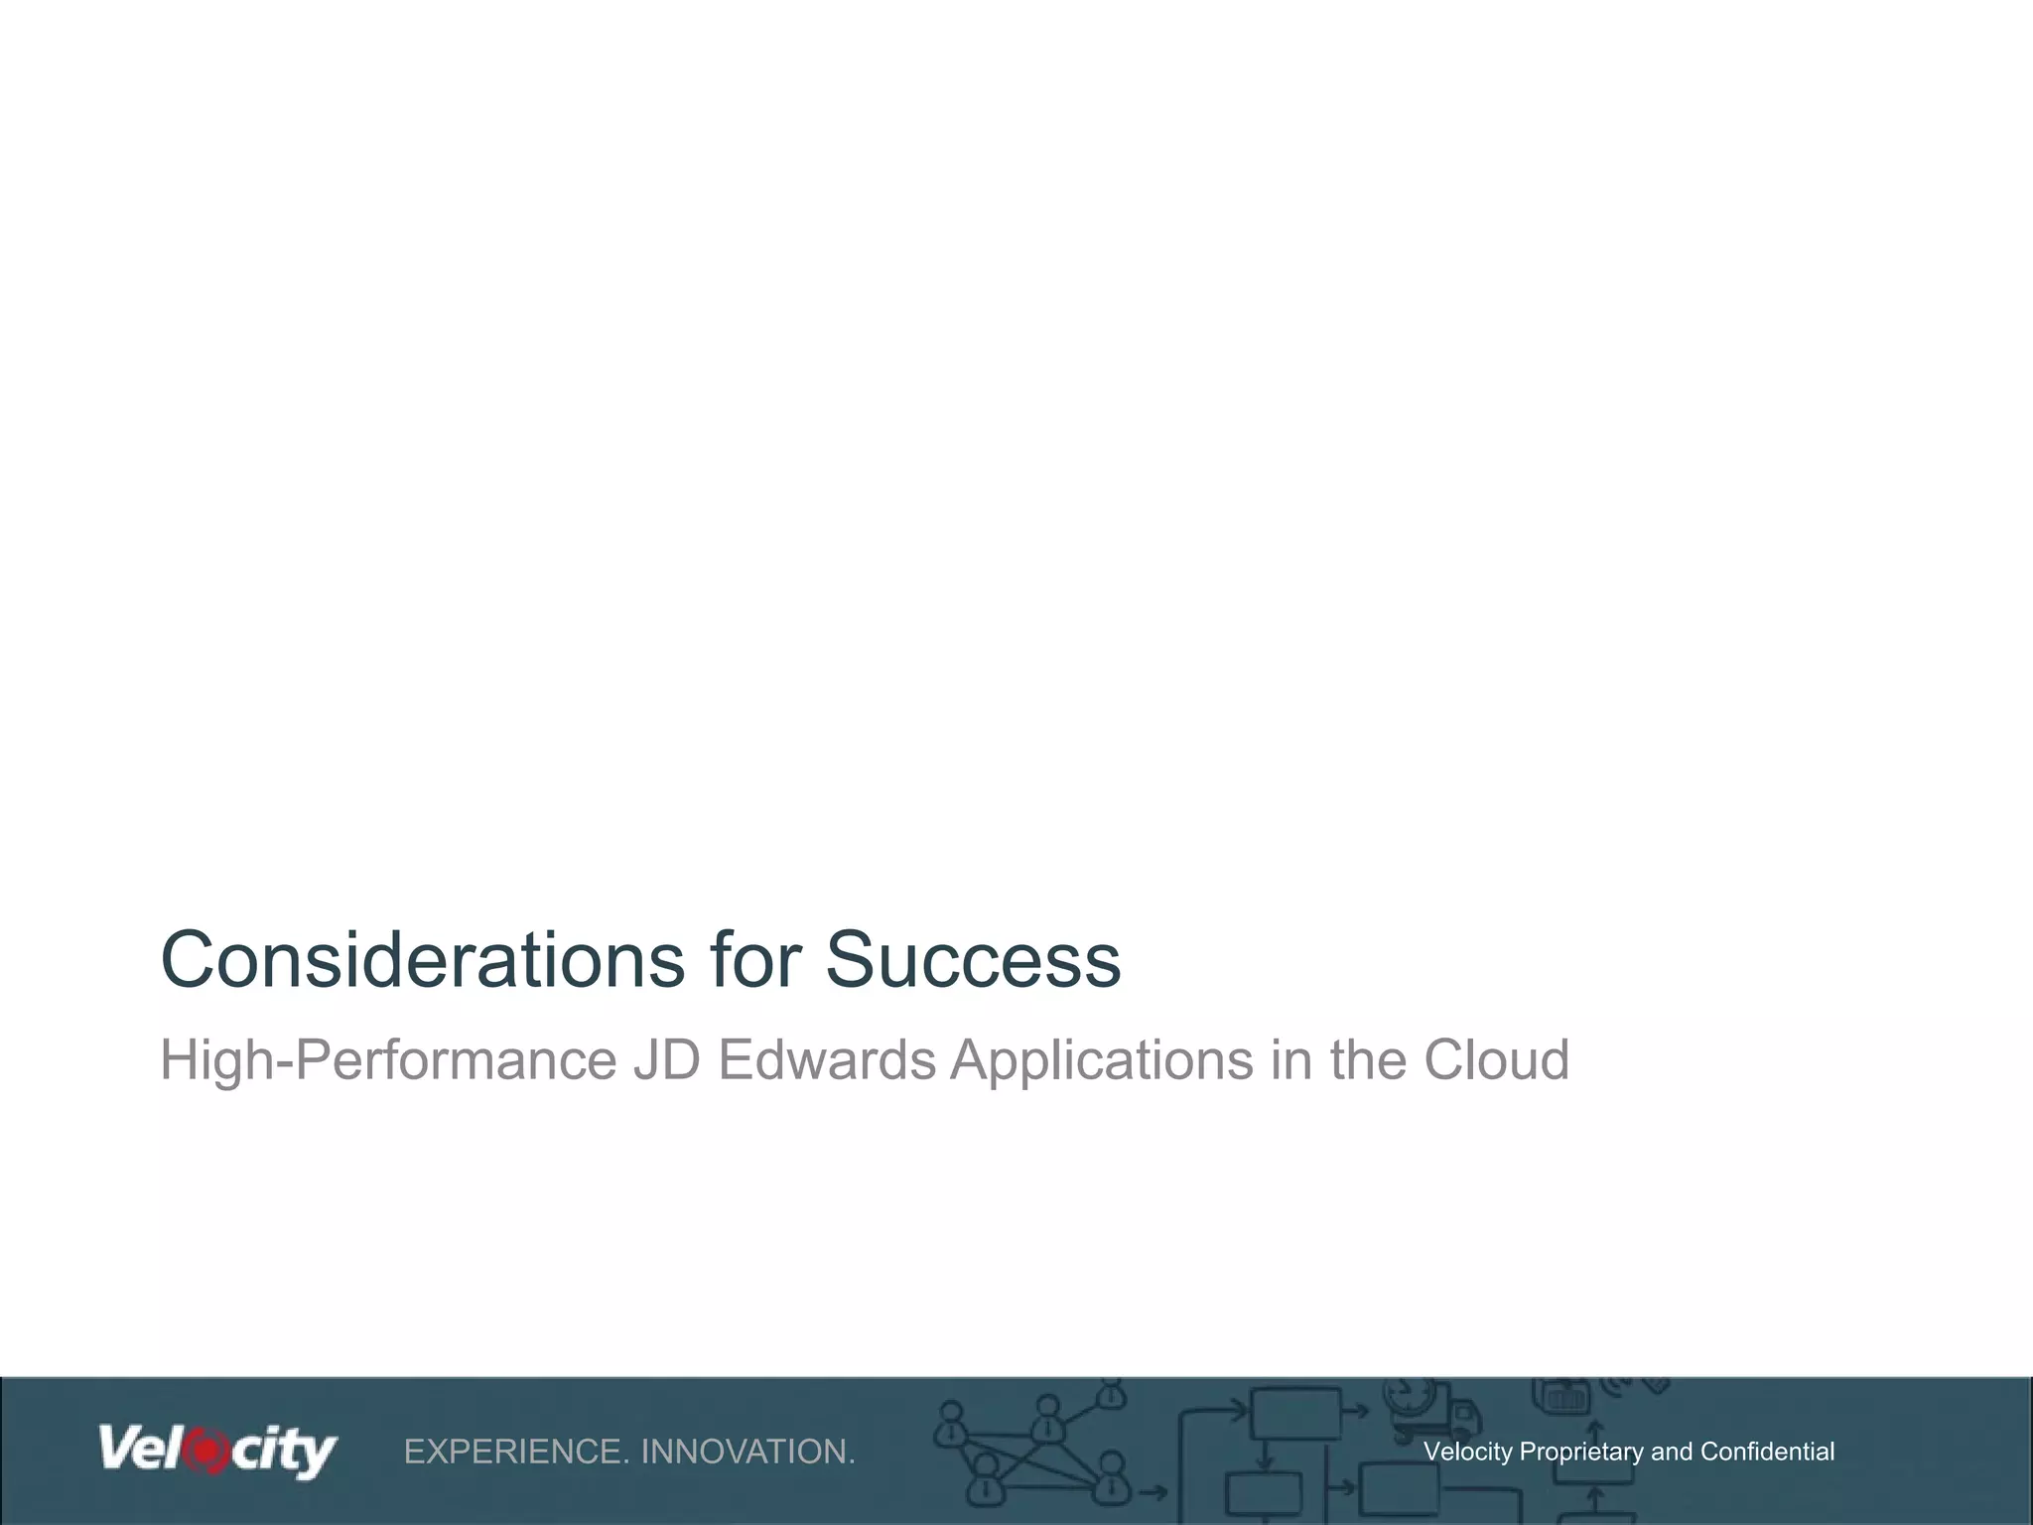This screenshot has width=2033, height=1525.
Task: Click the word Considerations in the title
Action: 423,960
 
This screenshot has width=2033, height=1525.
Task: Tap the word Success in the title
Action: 973,960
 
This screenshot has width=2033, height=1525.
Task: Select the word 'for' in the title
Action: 755,960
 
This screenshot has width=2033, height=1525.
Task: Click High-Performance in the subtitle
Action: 388,1060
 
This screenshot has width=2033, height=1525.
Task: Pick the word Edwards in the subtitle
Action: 827,1060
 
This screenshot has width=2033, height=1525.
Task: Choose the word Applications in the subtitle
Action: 1102,1060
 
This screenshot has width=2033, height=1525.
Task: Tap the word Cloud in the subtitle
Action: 1496,1060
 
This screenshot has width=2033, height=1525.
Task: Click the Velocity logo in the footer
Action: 217,1451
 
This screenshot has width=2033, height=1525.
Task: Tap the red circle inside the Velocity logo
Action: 207,1451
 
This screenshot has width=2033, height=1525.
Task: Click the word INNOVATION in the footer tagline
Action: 747,1452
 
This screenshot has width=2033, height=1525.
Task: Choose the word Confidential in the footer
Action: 1767,1452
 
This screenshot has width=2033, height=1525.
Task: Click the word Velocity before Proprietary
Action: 1467,1452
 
